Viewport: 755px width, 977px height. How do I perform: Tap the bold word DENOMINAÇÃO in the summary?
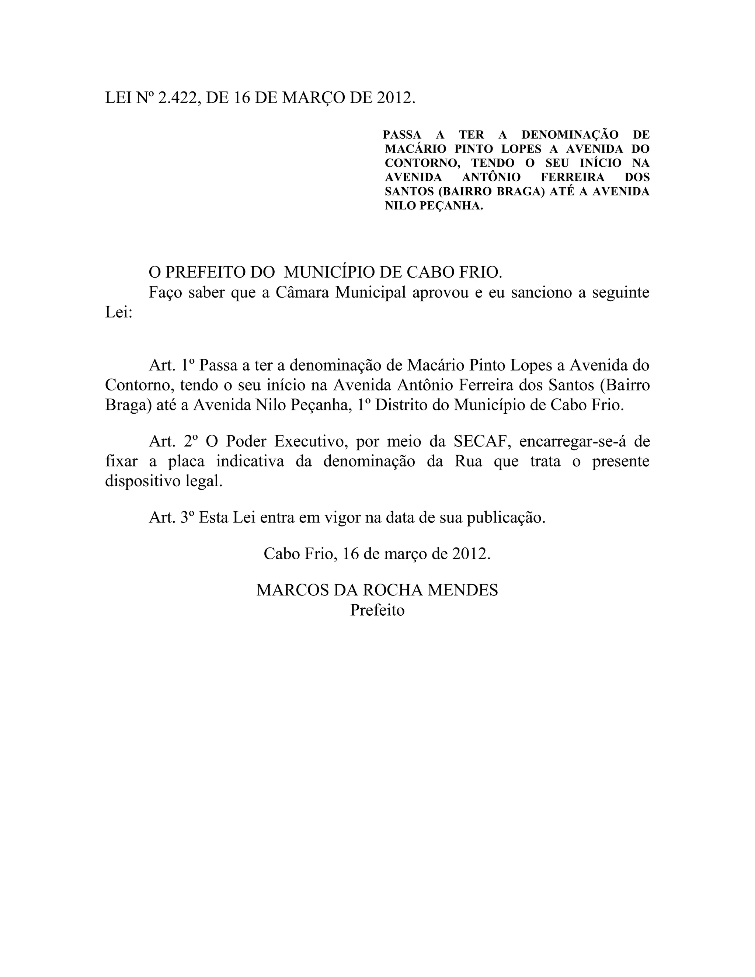coord(569,135)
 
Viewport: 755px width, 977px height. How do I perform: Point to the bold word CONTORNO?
coord(422,163)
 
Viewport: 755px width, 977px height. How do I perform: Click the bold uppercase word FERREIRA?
coord(573,177)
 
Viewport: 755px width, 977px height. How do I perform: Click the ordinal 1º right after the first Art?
coord(186,365)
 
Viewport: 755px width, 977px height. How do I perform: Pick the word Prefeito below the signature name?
coord(377,610)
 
